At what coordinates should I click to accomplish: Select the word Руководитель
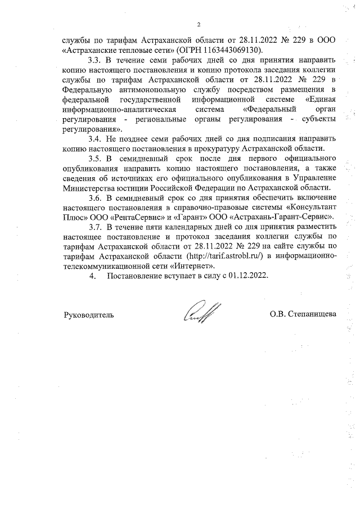[x=89, y=314]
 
